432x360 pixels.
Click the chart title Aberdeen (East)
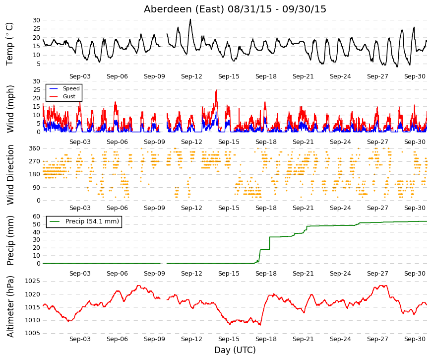pyautogui.click(x=184, y=9)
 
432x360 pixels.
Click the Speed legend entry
pyautogui.click(x=64, y=88)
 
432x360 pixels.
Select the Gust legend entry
pyautogui.click(x=62, y=96)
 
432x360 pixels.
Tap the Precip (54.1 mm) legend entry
pyautogui.click(x=84, y=221)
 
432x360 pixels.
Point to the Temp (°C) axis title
pyautogui.click(x=9, y=44)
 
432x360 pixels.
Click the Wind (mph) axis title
pyautogui.click(x=10, y=109)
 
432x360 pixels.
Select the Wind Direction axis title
pyautogui.click(x=10, y=175)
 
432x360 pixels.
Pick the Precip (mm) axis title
pyautogui.click(x=10, y=240)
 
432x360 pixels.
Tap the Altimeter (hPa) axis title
pyautogui.click(x=10, y=306)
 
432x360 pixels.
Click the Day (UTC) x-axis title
pyautogui.click(x=235, y=350)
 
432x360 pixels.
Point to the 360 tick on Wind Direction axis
pyautogui.click(x=35, y=148)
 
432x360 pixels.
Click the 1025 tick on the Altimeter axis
pyautogui.click(x=33, y=281)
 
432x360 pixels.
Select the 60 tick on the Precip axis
pyautogui.click(x=37, y=216)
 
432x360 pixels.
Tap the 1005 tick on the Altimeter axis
pyautogui.click(x=33, y=333)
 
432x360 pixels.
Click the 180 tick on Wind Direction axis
pyautogui.click(x=35, y=174)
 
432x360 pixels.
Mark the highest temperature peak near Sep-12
pyautogui.click(x=190, y=19)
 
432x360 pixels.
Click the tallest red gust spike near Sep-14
pyautogui.click(x=216, y=90)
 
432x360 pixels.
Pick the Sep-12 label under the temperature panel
pyautogui.click(x=192, y=76)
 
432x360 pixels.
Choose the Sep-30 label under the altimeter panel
pyautogui.click(x=415, y=339)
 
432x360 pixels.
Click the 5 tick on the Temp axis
pyautogui.click(x=39, y=64)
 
